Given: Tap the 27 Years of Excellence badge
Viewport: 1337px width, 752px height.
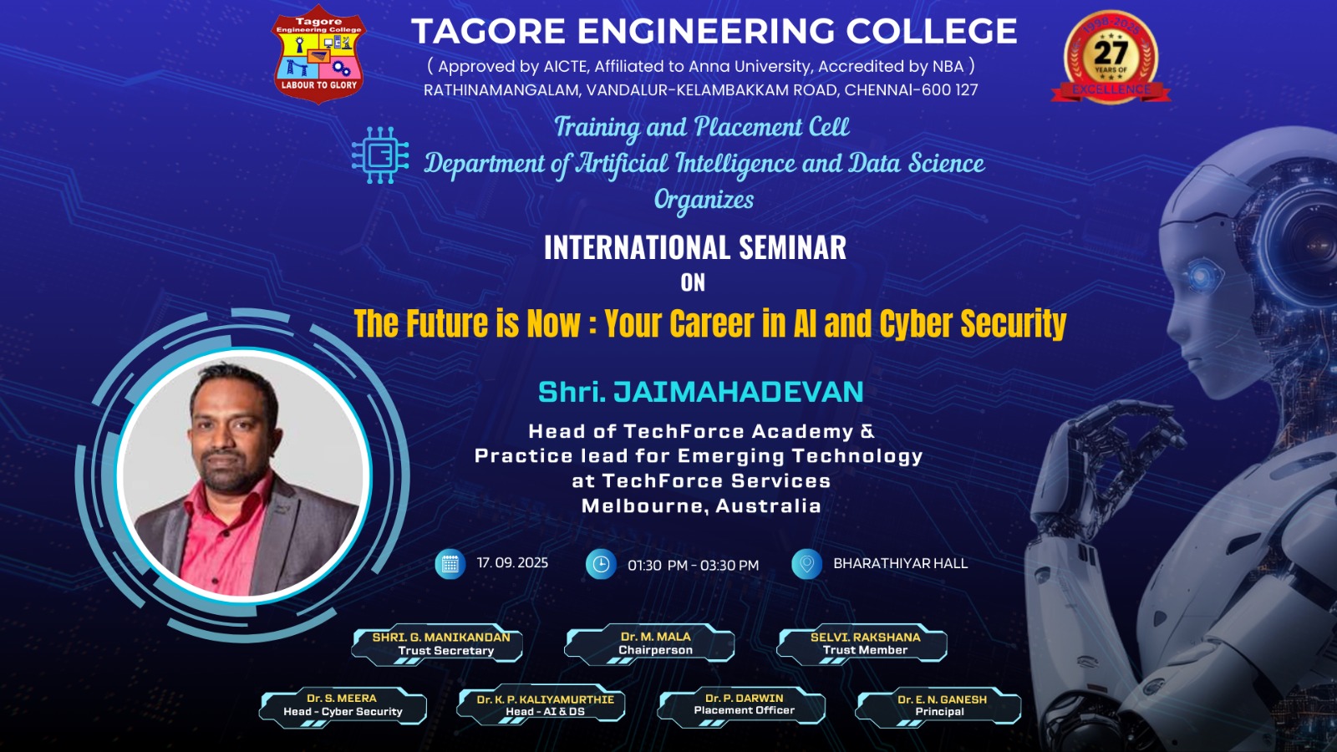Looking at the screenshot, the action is coord(1111,57).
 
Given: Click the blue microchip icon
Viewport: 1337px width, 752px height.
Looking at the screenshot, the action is coord(380,155).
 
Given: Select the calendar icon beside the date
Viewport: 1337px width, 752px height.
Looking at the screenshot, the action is coord(450,564).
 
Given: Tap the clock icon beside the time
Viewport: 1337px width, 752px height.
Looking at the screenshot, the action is coord(601,564).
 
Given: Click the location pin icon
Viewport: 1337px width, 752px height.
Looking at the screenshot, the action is coord(806,564).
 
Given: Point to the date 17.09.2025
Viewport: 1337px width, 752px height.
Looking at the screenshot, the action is coord(512,563).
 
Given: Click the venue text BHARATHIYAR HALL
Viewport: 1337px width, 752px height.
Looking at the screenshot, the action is coord(900,563).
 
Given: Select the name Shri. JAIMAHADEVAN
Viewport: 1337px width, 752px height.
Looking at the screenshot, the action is coord(701,392).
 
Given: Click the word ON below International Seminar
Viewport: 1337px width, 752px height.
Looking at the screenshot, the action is coord(693,282).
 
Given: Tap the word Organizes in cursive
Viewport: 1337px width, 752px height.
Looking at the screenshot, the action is coord(704,201).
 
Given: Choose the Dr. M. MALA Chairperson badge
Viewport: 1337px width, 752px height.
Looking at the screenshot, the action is coord(649,644).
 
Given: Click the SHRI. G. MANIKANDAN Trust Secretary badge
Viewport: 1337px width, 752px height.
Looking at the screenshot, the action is coord(437,644).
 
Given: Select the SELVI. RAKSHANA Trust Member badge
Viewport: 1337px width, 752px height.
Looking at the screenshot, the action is coord(862,644).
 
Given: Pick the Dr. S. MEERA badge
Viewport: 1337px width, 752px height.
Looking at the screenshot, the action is coord(343,707).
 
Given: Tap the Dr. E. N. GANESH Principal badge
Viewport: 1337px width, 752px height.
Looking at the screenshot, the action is coord(938,707).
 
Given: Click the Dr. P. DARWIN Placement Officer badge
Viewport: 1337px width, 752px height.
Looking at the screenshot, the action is coord(741,706).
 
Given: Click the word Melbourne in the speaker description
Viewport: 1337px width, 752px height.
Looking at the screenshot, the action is coord(637,506).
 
